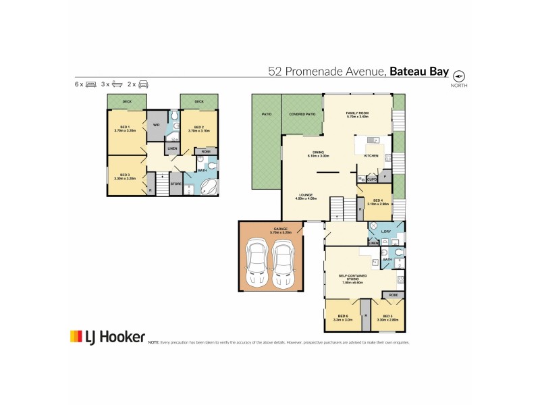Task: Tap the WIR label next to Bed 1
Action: (156, 125)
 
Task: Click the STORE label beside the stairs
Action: (175, 184)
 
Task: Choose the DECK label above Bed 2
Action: (199, 102)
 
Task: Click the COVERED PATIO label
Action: (302, 115)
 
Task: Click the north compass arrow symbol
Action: (460, 76)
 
